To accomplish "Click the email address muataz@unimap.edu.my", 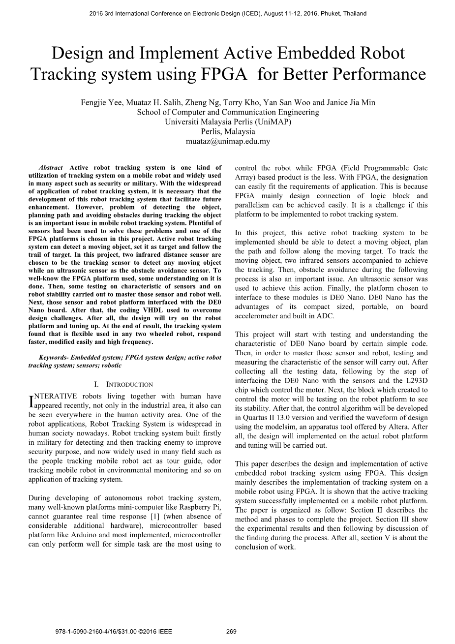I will click(228, 141).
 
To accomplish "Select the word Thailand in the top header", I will click(354, 13).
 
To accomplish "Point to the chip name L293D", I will click(416, 380).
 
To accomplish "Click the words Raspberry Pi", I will click(204, 507).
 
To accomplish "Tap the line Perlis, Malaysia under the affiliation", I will click(228, 131).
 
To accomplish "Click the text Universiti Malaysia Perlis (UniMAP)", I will click(228, 122).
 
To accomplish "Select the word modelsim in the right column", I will click(289, 427).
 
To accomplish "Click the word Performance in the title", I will click(377, 74).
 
